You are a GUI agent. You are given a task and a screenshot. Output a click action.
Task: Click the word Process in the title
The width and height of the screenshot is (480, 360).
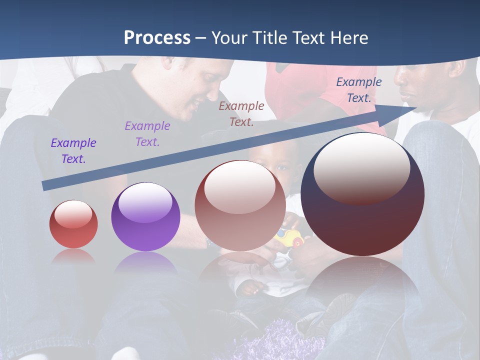pos(157,37)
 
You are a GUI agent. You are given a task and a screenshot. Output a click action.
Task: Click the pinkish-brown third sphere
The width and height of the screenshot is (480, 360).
pos(240,205)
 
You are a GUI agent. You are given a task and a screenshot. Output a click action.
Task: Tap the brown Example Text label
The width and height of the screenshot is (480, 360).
pos(241,114)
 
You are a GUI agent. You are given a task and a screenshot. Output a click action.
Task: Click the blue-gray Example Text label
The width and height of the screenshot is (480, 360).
pos(359,90)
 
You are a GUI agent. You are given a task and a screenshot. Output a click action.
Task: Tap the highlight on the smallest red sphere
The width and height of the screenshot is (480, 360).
pos(73,214)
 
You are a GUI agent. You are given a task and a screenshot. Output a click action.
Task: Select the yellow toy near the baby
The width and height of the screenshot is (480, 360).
pos(287,238)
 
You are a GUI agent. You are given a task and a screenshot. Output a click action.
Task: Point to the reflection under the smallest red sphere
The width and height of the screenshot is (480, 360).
pos(73,255)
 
